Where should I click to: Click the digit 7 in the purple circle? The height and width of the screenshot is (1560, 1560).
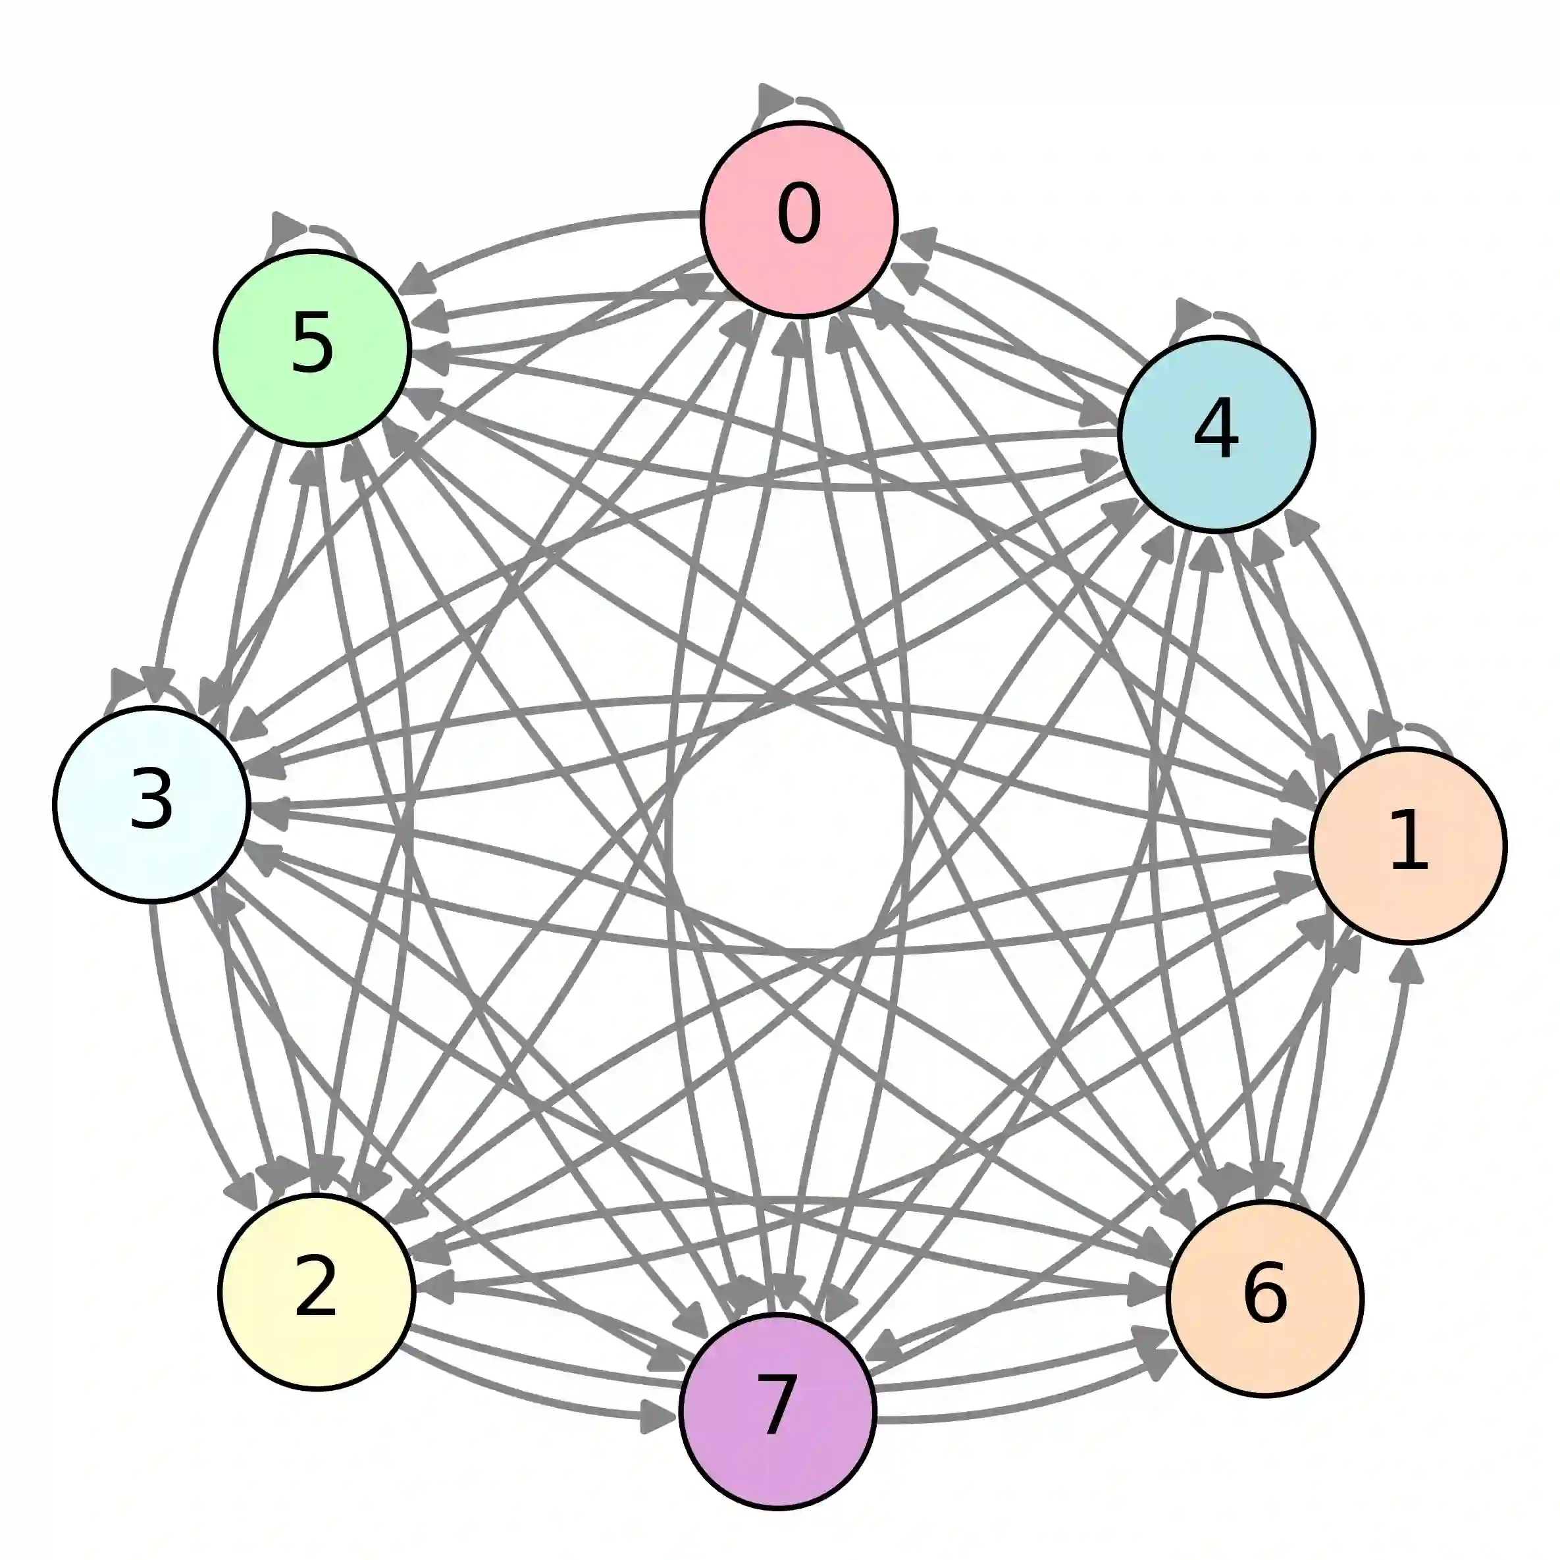[x=777, y=1407]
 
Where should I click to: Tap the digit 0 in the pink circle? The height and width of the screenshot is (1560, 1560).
[x=799, y=214]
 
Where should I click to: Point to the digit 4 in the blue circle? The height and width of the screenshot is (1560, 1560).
[x=1216, y=430]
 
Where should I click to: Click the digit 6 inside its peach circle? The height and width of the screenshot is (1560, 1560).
[x=1264, y=1293]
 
